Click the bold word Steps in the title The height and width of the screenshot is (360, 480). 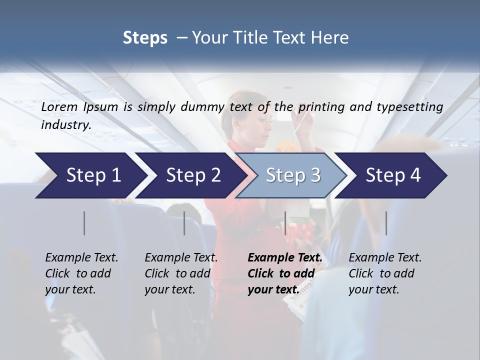pyautogui.click(x=145, y=38)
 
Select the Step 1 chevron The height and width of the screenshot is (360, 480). pyautogui.click(x=90, y=175)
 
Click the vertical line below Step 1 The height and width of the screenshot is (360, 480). pyautogui.click(x=84, y=223)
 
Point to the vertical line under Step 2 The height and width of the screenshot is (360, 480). pyautogui.click(x=184, y=223)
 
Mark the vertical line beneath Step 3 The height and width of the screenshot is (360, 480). pyautogui.click(x=285, y=223)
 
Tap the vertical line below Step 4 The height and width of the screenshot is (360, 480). pyautogui.click(x=386, y=223)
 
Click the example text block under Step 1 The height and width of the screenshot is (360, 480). pyautogui.click(x=81, y=273)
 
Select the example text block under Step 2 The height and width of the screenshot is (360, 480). pyautogui.click(x=181, y=273)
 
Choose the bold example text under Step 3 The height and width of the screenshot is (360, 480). pyautogui.click(x=285, y=273)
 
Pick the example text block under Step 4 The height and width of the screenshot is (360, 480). pyautogui.click(x=385, y=273)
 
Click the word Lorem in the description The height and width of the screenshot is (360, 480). pyautogui.click(x=59, y=107)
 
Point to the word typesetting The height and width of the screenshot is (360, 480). pyautogui.click(x=411, y=107)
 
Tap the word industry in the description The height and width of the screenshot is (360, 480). pyautogui.click(x=66, y=125)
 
